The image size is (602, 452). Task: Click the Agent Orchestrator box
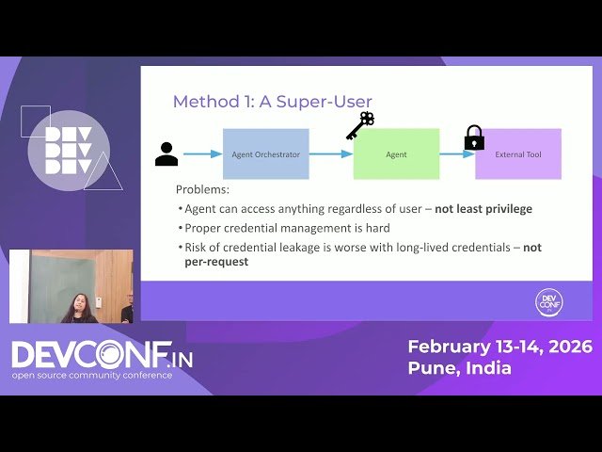pos(265,153)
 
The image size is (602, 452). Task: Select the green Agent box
pos(396,153)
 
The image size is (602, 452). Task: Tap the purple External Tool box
pos(517,153)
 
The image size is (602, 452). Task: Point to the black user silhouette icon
pos(166,153)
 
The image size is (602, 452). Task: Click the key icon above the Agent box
pos(360,125)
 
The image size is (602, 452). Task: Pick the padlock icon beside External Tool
pos(474,137)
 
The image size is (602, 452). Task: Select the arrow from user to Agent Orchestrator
pos(202,153)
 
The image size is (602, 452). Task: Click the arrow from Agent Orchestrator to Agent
pos(330,153)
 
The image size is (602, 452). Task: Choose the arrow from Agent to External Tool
pos(457,153)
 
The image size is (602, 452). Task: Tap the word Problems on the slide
pos(202,189)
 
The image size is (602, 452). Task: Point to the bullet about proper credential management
pos(283,227)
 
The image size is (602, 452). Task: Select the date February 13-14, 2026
pos(499,347)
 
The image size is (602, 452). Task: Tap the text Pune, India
pos(459,367)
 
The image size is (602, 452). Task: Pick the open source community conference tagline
pos(92,375)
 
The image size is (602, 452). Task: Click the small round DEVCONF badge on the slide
pos(547,302)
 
